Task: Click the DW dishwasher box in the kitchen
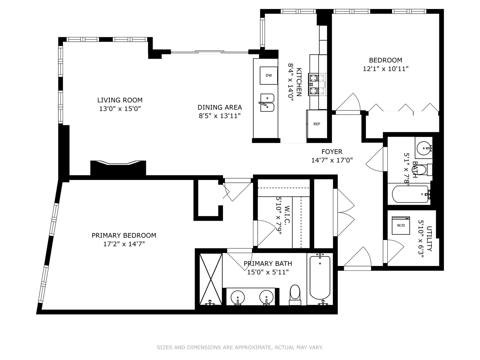pos(269,75)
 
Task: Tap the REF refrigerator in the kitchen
pos(317,124)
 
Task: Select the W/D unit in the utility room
pos(401,226)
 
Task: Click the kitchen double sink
pos(267,103)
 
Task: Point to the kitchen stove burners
pos(317,84)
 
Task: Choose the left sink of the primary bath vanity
pos(238,296)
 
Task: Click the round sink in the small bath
pos(424,147)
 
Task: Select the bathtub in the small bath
pos(410,194)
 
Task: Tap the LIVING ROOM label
pos(120,100)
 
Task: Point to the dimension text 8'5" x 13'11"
pos(220,116)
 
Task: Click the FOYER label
pos(332,152)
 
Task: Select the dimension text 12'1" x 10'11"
pos(385,69)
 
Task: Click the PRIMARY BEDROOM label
pos(124,235)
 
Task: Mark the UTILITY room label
pos(429,239)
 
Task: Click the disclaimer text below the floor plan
pos(240,347)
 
